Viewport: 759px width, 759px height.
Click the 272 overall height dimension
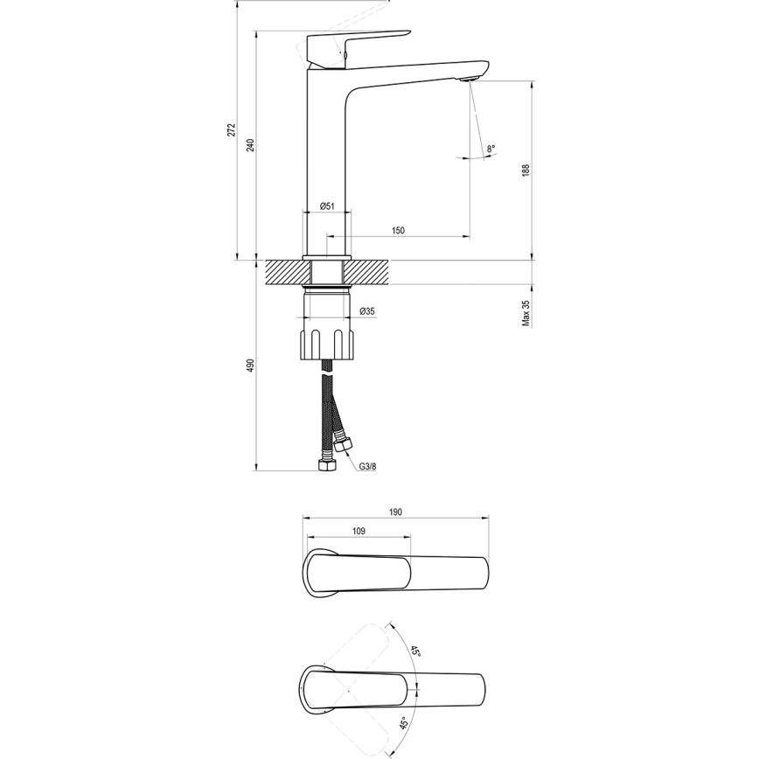232,129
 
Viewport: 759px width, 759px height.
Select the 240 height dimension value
251,145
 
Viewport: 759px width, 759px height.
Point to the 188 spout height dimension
526,171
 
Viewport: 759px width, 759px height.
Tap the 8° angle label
491,150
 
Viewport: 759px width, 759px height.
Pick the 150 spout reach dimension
398,230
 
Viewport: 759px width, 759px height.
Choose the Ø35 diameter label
368,311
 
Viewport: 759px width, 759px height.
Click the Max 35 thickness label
526,313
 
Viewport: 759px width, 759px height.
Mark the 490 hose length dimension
251,365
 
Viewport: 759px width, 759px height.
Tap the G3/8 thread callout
367,466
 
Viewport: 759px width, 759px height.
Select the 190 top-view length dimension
395,512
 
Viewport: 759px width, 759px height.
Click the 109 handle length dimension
358,531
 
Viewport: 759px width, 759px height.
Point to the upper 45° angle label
416,652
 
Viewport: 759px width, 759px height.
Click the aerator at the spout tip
470,80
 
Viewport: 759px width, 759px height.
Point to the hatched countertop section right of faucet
368,272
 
